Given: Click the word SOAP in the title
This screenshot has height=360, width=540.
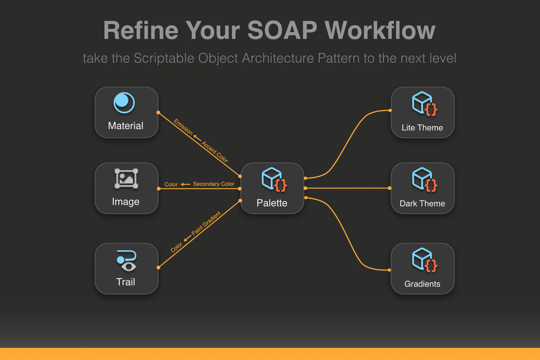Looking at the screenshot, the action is [282, 30].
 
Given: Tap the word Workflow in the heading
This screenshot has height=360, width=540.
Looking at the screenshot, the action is [380, 30].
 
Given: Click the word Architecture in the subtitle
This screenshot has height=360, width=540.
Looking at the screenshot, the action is [278, 58].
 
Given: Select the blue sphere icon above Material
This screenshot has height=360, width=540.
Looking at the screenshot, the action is [124, 103].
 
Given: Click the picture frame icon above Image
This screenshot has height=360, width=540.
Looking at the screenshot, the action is [126, 179].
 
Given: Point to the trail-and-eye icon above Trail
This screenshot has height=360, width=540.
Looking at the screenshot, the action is [126, 261].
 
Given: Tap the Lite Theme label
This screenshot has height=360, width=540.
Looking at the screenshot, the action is [422, 127].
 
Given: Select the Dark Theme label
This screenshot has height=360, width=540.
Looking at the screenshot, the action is [422, 203].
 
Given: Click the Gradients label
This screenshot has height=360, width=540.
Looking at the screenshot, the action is [422, 284].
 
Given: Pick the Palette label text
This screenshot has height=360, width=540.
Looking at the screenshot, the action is [272, 203].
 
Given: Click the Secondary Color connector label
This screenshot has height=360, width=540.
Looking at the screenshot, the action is [214, 184].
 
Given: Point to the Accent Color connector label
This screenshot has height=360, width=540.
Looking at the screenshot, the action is [215, 152].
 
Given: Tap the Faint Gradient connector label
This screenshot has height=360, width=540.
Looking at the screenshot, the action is [206, 223].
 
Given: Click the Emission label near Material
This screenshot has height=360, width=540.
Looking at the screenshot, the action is [183, 127].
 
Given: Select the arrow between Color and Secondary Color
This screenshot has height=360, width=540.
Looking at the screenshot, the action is [185, 184].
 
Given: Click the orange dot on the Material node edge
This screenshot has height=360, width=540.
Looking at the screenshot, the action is [158, 112].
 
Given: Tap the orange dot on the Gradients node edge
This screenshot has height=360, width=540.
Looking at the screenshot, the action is [389, 270].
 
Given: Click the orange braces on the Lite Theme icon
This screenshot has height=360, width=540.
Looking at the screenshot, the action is [431, 109].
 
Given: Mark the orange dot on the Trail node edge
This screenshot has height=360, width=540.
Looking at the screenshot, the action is [158, 267].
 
